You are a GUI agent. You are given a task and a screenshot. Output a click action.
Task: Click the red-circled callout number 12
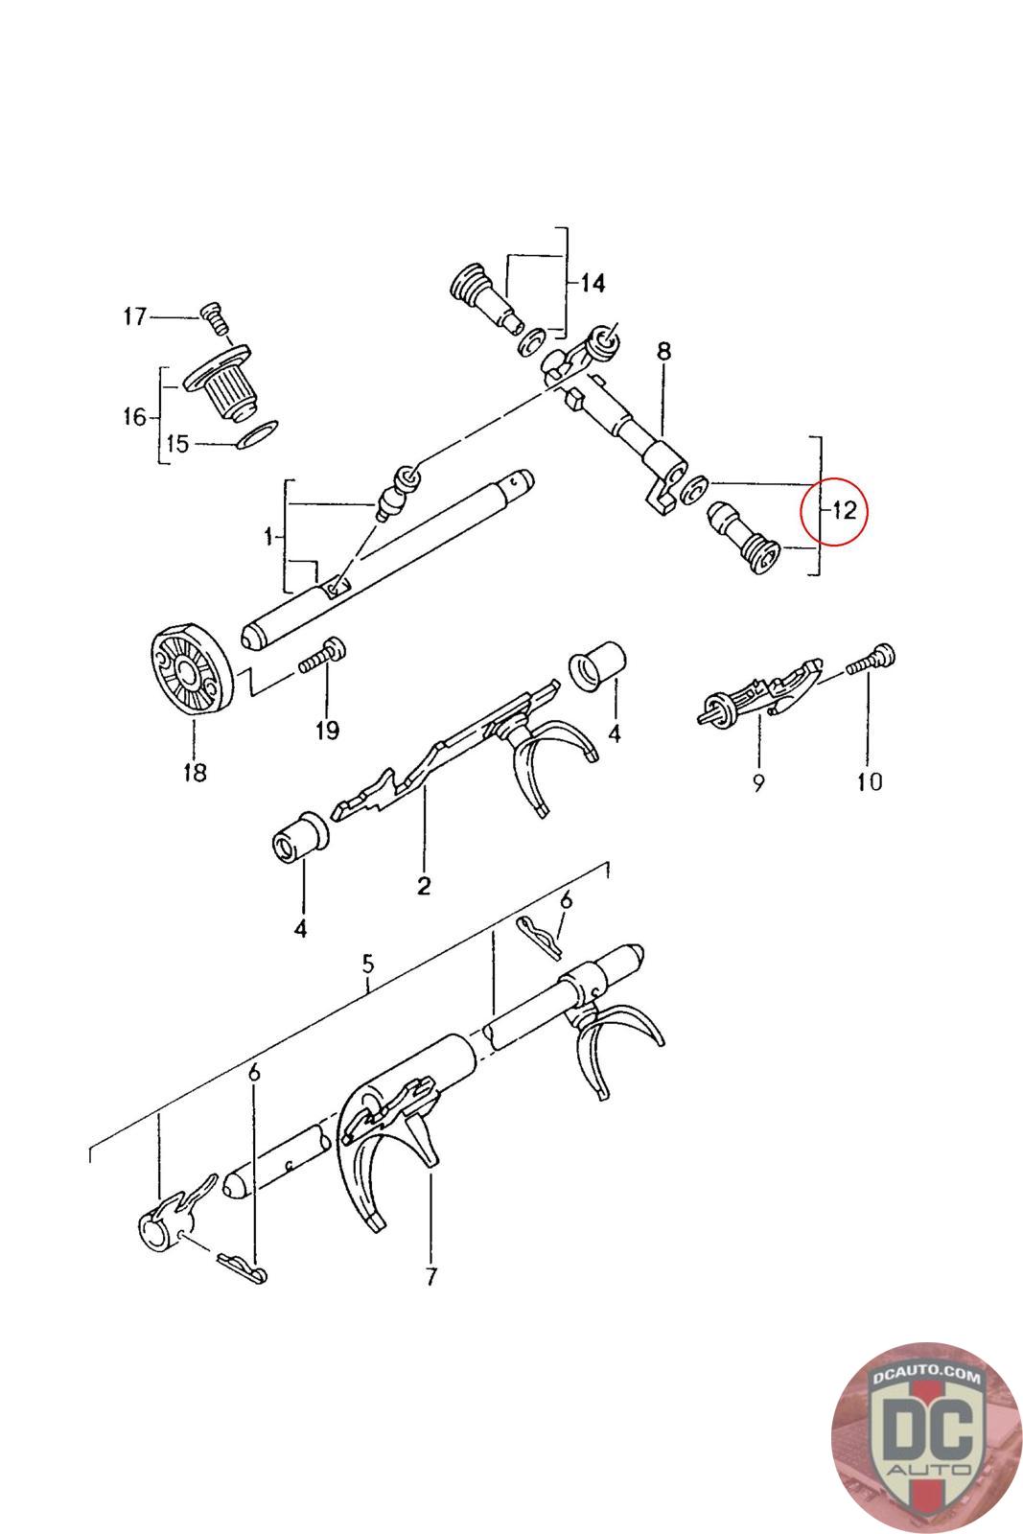844,511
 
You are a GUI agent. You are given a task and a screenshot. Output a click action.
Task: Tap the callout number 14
593,283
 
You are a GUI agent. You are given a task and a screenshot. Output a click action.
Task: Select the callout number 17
135,317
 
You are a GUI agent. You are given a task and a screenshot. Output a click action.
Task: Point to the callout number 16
135,416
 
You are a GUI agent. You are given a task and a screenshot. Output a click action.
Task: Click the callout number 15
177,444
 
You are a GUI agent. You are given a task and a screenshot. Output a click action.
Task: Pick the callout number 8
663,352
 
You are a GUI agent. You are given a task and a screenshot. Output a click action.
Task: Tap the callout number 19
327,730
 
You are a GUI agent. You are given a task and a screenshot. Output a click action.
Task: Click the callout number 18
195,773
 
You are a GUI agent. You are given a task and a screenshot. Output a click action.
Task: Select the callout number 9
758,782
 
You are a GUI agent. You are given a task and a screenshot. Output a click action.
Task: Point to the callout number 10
870,781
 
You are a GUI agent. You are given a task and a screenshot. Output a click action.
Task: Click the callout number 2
424,886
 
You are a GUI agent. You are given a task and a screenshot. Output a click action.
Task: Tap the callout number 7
430,1276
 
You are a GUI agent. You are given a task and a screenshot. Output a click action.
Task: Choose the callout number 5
368,965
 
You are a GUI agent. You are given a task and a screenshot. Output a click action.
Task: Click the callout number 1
268,536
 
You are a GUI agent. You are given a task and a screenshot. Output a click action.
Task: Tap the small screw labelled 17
216,319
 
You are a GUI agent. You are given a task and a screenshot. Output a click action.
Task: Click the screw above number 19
322,655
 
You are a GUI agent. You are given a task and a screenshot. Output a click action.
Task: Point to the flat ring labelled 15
257,436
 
